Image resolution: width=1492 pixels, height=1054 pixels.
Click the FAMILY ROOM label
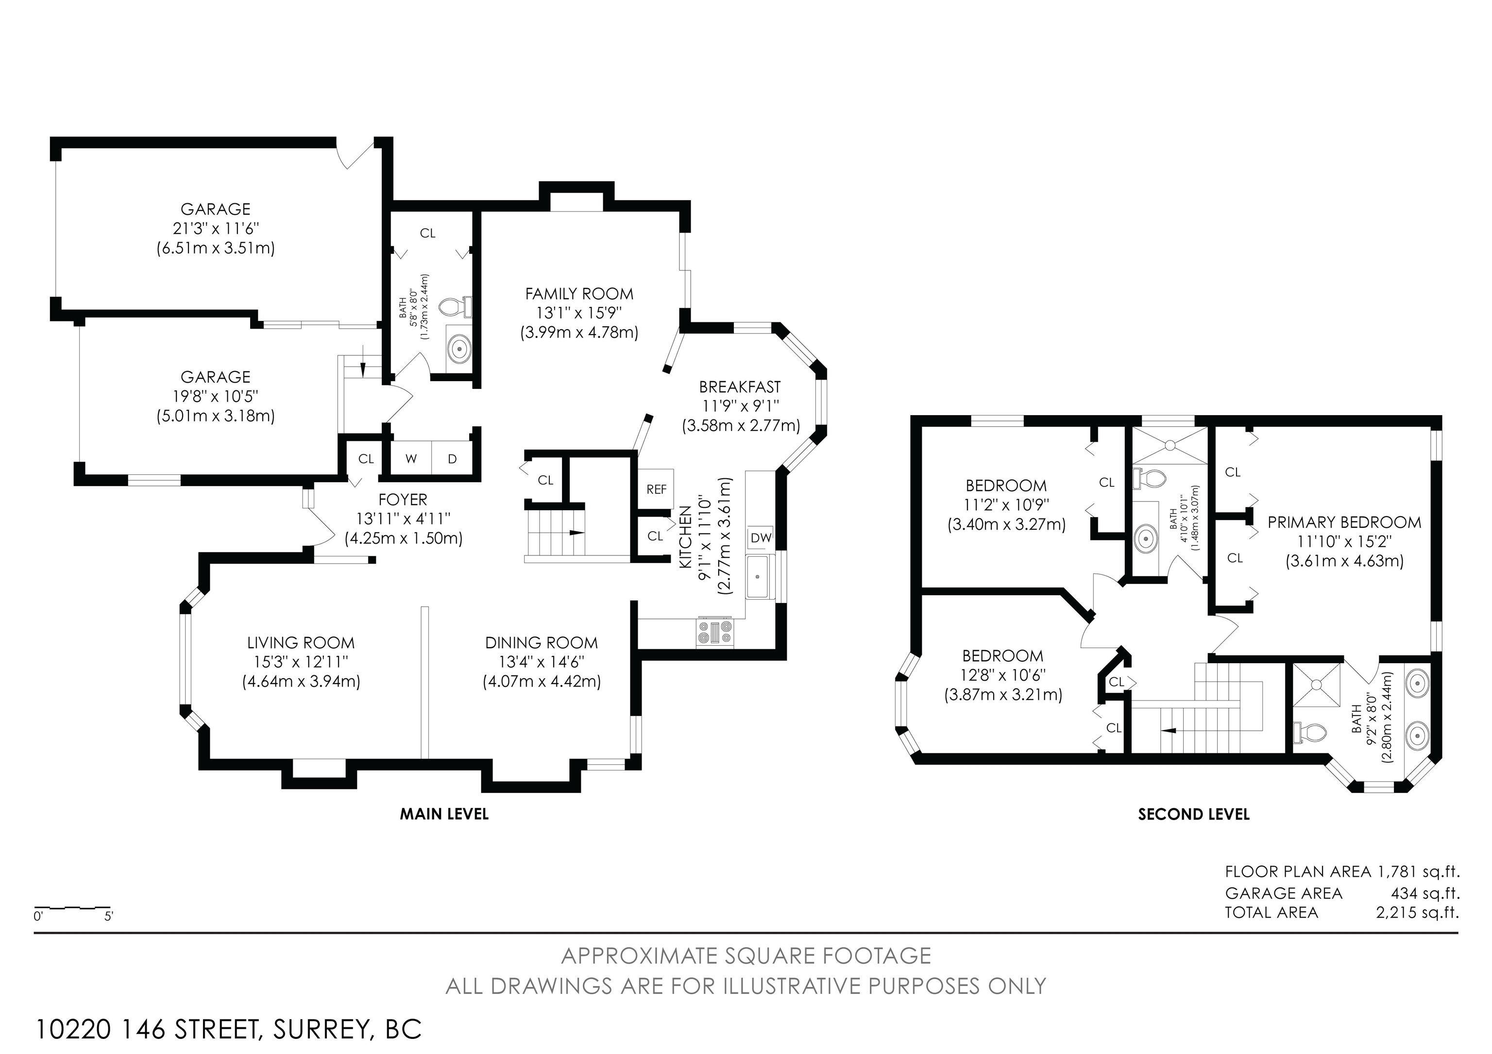[x=579, y=294]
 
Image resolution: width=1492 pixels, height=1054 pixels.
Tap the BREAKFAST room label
[x=740, y=387]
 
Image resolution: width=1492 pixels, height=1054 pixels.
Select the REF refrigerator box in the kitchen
[x=656, y=489]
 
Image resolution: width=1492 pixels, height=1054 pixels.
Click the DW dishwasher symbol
[x=760, y=538]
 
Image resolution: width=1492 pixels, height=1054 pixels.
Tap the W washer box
[x=411, y=458]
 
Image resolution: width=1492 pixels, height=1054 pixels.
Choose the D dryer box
[x=452, y=458]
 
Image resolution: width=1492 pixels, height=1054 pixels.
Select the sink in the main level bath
[x=459, y=348]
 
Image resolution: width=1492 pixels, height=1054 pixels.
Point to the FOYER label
[x=403, y=500]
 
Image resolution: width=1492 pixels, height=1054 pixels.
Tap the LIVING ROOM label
[x=301, y=643]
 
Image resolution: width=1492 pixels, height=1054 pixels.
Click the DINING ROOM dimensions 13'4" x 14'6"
[x=542, y=662]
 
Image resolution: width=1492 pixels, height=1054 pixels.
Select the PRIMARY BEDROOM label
[x=1344, y=522]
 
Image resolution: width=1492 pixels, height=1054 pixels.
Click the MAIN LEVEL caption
[x=444, y=814]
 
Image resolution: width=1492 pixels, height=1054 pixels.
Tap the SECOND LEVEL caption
[x=1194, y=814]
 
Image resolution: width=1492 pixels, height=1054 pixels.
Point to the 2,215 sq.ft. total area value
[x=1417, y=912]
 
